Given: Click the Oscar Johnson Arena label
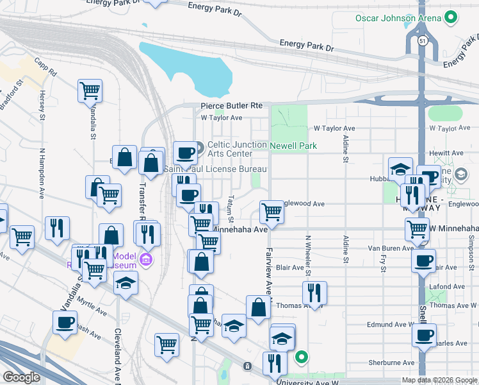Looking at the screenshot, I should [x=398, y=17].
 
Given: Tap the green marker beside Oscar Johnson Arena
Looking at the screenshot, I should [x=451, y=18].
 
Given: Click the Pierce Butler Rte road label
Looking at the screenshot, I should [x=231, y=106].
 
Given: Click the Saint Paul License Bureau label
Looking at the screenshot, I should [x=215, y=169].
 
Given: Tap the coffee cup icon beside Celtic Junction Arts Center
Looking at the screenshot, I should [x=185, y=153].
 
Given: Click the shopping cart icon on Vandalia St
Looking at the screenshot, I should [x=90, y=90].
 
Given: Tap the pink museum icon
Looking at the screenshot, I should [x=146, y=260].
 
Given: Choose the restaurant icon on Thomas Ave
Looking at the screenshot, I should [x=314, y=292].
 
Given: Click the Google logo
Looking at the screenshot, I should [x=21, y=377].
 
